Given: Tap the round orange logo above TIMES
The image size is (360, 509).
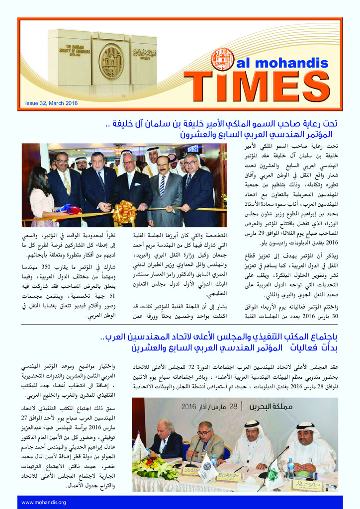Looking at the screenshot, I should [222, 59].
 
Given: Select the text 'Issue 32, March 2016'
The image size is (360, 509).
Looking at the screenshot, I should [52, 103].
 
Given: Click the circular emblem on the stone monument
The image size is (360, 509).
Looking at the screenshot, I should [111, 62].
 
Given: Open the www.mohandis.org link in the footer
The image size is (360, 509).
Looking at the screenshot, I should [44, 502].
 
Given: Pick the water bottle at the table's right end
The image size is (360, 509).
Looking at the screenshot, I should [290, 468].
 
